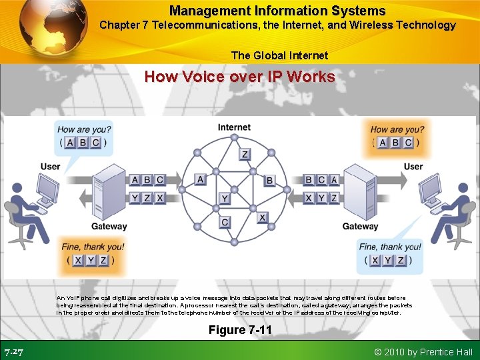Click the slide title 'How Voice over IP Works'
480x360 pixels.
pos(240,77)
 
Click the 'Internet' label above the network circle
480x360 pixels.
pos(234,127)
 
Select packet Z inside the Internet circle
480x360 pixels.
pos(245,154)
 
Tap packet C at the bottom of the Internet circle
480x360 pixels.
pos(225,222)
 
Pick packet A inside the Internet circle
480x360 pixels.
pos(201,179)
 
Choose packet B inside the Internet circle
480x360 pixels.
pos(269,180)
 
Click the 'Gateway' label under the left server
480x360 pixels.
pos(109,227)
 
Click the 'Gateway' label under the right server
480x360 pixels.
pos(360,227)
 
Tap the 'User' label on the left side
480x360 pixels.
pos(50,166)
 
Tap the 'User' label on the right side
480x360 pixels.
pos(413,166)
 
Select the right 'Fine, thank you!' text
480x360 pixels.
pos(390,247)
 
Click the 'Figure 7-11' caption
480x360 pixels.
pos(240,330)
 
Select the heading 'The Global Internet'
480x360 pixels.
pos(279,55)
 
